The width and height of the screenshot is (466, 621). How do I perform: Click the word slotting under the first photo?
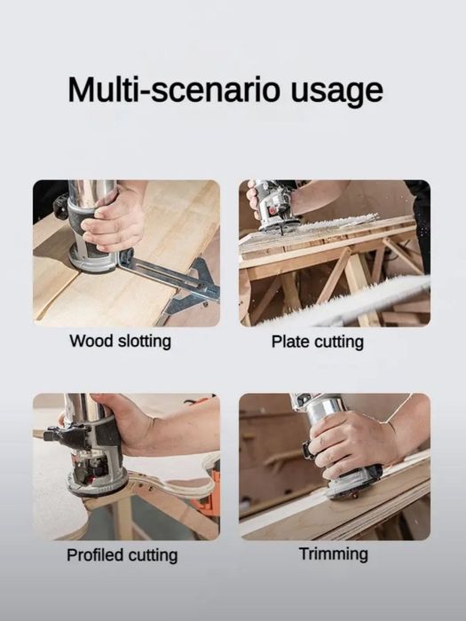[x=143, y=341]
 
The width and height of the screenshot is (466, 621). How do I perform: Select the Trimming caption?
[x=333, y=554]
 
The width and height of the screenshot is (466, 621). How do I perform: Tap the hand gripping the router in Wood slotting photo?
[x=115, y=217]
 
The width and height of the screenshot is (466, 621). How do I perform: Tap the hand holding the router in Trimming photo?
[x=351, y=444]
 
